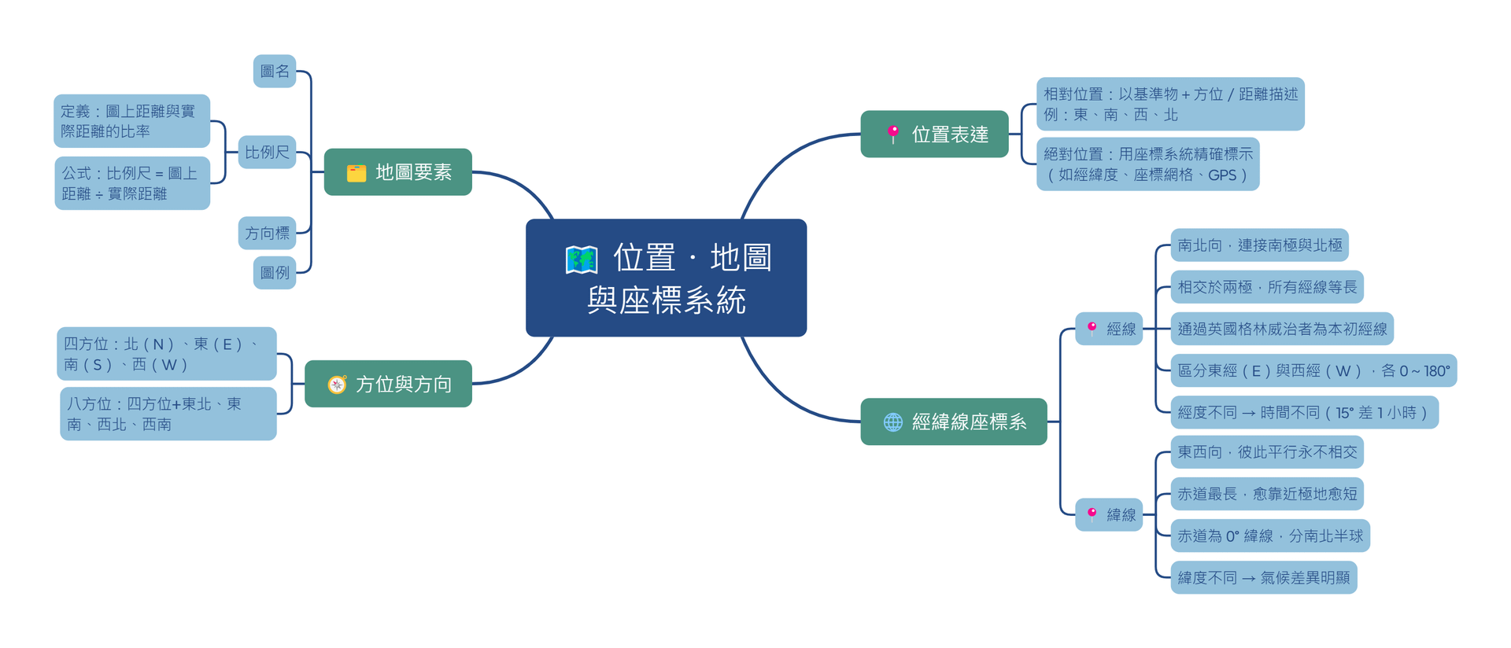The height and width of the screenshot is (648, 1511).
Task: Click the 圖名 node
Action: coord(275,72)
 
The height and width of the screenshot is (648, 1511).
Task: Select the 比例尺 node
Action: coord(267,153)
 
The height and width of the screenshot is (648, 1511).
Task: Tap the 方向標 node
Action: coord(267,234)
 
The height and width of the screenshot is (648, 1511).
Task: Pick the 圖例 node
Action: coord(275,273)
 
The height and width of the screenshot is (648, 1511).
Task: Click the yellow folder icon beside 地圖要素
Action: coord(357,173)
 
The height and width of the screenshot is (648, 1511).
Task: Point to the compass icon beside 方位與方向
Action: coord(337,385)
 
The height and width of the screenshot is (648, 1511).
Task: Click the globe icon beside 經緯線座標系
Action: coord(892,422)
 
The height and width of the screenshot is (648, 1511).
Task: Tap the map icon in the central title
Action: coord(582,260)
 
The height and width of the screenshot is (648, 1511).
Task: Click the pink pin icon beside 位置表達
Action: coord(892,134)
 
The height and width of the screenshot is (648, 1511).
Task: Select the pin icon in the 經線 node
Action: coord(1092,328)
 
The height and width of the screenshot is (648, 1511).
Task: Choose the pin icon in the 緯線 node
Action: coord(1092,514)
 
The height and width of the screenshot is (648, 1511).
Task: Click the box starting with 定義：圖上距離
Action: coord(131,121)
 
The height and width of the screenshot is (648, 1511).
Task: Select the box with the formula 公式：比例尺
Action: coord(131,183)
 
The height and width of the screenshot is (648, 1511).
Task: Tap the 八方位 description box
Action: coord(168,414)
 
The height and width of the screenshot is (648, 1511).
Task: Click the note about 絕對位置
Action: coord(1147,164)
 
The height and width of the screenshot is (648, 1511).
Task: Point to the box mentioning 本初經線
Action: coord(1281,329)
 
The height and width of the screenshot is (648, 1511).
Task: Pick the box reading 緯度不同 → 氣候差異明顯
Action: coord(1263,578)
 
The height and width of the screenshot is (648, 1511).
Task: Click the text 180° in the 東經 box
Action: coord(1436,371)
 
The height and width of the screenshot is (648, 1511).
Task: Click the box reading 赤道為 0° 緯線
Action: coord(1269,536)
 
